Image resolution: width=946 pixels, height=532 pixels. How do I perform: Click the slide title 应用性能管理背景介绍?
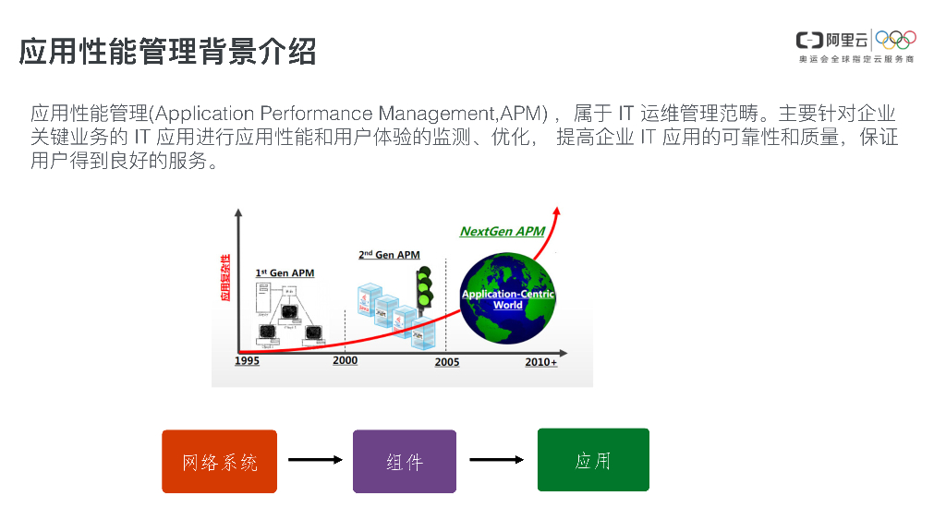(x=167, y=52)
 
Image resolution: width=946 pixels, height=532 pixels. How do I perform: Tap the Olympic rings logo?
(x=895, y=39)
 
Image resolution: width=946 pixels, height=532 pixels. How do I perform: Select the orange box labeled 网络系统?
(x=220, y=461)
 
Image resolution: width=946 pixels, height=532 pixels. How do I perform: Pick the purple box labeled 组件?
(x=405, y=461)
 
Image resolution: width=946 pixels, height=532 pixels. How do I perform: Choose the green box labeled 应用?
(x=593, y=460)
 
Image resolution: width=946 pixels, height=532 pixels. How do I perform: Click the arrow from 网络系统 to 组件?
(x=315, y=459)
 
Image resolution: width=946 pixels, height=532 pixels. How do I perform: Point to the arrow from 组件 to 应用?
(x=497, y=459)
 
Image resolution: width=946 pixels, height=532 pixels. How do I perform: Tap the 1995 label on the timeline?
(x=247, y=361)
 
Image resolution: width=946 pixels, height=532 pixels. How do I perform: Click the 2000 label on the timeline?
(x=345, y=360)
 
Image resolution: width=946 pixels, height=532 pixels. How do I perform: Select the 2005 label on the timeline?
(x=447, y=362)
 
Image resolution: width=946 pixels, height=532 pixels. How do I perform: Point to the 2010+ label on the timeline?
(x=541, y=362)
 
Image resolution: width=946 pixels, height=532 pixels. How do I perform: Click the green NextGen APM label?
(x=503, y=232)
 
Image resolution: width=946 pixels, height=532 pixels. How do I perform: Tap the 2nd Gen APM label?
(x=389, y=255)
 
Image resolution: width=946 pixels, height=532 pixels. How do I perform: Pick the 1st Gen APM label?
(x=285, y=273)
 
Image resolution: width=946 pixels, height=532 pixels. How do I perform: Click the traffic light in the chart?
(x=425, y=289)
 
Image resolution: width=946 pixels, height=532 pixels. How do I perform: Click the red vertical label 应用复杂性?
(x=224, y=278)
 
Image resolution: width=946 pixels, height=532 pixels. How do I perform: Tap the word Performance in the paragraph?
(x=315, y=114)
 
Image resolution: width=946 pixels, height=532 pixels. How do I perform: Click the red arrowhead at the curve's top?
(x=559, y=212)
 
